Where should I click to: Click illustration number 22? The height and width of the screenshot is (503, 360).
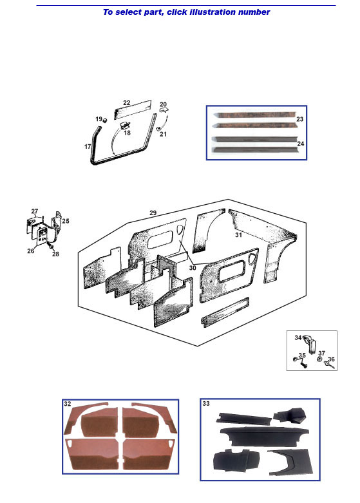127,102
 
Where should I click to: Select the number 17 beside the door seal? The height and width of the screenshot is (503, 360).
88,147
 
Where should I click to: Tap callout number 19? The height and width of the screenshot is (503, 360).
99,119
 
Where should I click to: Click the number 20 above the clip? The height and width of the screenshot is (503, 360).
164,104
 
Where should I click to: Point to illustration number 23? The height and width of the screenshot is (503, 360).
299,119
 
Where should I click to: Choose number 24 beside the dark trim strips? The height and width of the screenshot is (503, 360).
301,144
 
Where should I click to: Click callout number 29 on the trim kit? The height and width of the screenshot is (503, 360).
153,213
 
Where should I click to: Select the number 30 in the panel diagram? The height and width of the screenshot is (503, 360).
193,268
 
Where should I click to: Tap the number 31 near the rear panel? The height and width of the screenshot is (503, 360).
238,235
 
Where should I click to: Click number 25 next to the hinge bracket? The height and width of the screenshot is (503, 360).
66,221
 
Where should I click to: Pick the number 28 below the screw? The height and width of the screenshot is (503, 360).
55,254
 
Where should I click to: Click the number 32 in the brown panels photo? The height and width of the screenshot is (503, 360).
68,404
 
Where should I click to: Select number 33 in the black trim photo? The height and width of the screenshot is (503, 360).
206,404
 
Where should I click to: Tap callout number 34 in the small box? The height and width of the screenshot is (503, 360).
298,337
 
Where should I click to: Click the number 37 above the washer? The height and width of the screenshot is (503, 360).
322,353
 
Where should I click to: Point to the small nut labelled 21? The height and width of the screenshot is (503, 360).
158,129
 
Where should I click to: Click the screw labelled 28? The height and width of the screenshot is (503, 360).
50,246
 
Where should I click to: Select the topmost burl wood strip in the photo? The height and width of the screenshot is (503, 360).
255,115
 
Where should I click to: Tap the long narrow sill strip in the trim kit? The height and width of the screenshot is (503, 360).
225,312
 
